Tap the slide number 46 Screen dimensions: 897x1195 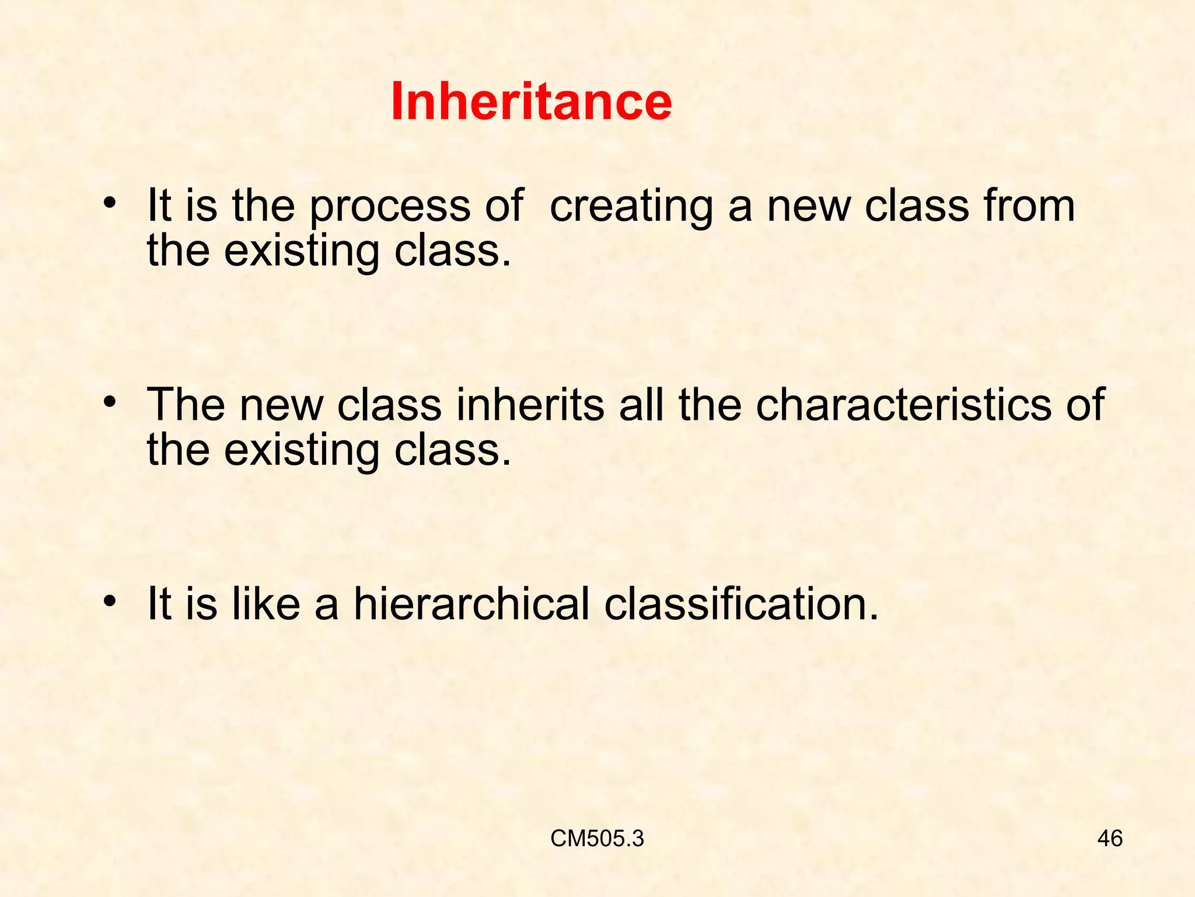pos(1110,839)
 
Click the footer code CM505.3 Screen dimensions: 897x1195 pos(597,839)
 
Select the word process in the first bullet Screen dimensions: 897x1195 pos(389,207)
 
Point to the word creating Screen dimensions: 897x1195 pos(631,207)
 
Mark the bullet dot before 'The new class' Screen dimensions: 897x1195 pos(109,402)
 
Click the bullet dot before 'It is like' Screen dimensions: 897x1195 pos(109,601)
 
